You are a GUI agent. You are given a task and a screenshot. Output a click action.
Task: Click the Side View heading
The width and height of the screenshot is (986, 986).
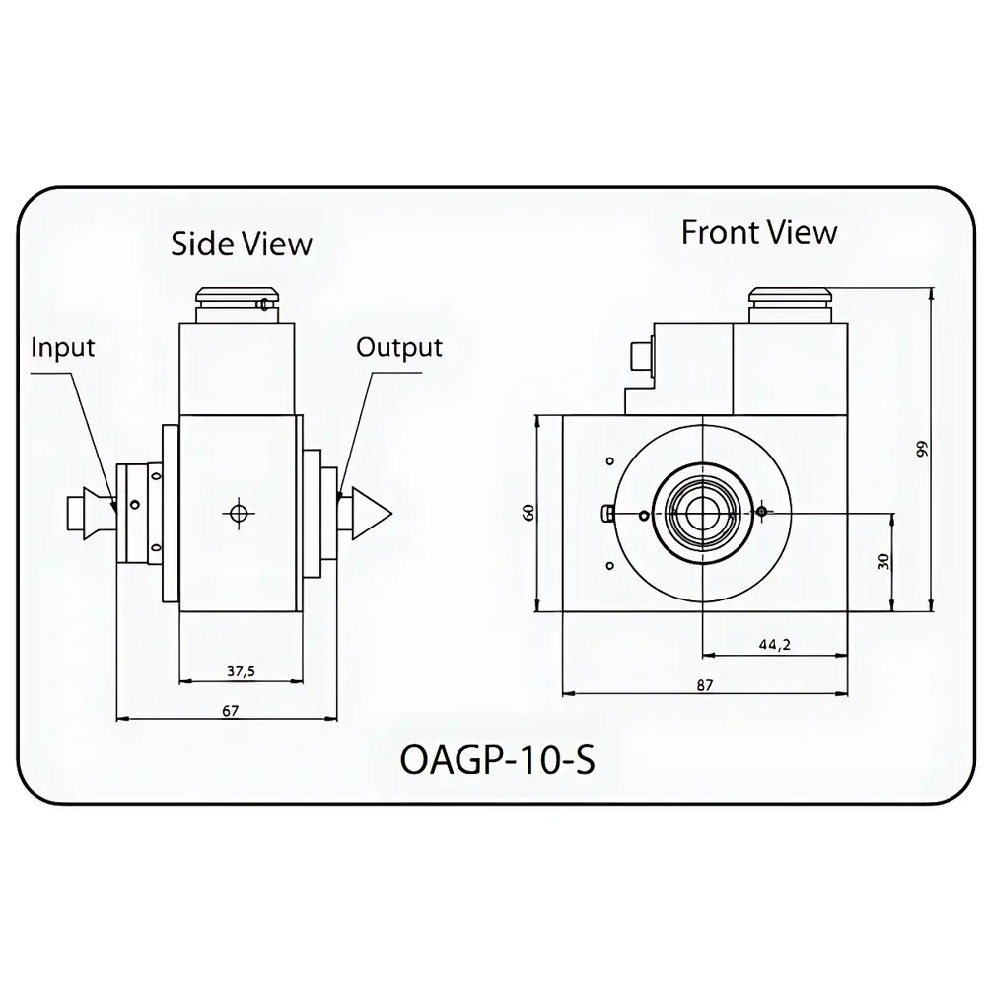coord(242,244)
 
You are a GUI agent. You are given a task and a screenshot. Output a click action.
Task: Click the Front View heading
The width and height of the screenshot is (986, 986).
coord(759,232)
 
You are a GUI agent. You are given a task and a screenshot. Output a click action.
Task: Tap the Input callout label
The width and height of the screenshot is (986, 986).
coord(63,347)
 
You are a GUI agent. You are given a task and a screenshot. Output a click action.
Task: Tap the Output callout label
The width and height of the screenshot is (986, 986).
coord(399,347)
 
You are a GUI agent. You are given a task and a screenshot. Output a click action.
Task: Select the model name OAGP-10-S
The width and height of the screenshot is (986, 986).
coord(498,762)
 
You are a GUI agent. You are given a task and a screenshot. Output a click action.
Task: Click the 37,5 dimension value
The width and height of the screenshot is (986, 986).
coord(241,670)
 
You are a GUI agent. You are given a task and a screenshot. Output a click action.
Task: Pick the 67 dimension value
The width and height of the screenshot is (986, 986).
coord(231,710)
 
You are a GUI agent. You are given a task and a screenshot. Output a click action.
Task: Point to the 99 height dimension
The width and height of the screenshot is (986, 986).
coord(921,450)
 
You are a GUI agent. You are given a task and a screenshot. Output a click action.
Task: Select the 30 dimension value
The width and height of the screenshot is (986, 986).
coord(883,560)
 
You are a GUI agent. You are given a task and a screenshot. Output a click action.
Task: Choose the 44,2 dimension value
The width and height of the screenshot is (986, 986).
coord(775,645)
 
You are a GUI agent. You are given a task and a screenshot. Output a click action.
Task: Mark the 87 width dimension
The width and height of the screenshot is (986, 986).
coord(703,685)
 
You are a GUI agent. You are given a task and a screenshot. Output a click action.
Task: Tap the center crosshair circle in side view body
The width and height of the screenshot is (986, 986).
coord(237,512)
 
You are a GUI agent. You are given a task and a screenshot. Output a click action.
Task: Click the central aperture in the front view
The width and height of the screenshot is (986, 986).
coord(701,512)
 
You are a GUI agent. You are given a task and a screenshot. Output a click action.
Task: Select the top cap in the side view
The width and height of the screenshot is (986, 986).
coord(236,299)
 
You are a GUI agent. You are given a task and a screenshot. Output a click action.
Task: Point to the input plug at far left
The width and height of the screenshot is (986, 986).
coord(78,512)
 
